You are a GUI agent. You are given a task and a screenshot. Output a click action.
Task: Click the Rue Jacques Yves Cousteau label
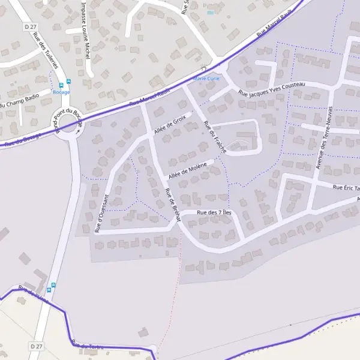tap(271, 89)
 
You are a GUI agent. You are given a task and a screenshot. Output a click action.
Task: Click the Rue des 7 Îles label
tap(214, 212)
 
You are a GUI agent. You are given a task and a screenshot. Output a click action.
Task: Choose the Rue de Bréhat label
tap(172, 205)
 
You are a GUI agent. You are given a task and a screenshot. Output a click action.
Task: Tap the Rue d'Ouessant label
tap(100, 213)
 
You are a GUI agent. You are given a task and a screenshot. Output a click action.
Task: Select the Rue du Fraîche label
tap(215, 137)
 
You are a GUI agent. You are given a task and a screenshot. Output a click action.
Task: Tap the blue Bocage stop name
tap(61, 92)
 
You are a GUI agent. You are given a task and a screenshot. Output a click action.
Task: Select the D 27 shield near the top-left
tap(31, 28)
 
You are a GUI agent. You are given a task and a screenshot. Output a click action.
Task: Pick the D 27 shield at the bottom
tap(37, 346)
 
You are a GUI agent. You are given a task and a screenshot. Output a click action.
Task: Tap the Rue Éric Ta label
tap(346, 188)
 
